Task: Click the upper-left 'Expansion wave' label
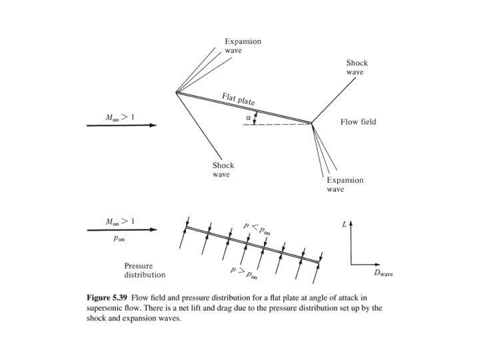pyautogui.click(x=243, y=45)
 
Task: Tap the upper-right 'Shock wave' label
pyautogui.click(x=357, y=67)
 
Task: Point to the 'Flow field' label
pyautogui.click(x=359, y=122)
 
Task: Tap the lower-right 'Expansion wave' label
pyautogui.click(x=344, y=185)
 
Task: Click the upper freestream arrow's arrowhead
pyautogui.click(x=153, y=125)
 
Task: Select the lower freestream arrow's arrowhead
pyautogui.click(x=153, y=229)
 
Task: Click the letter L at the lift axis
pyautogui.click(x=345, y=225)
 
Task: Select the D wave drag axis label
pyautogui.click(x=385, y=273)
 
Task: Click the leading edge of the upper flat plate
pyautogui.click(x=177, y=93)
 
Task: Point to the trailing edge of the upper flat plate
pyautogui.click(x=311, y=123)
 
